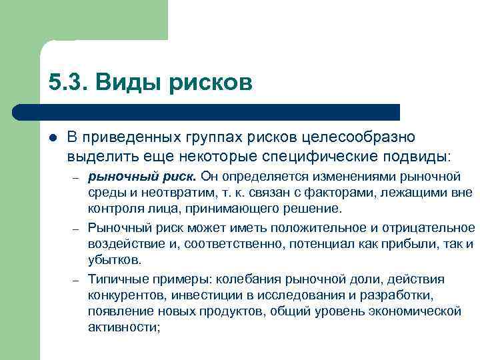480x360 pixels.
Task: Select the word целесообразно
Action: click(358, 137)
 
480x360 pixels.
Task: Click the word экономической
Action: click(417, 311)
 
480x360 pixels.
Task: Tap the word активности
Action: click(123, 327)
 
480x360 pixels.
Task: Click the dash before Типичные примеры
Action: click(77, 279)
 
